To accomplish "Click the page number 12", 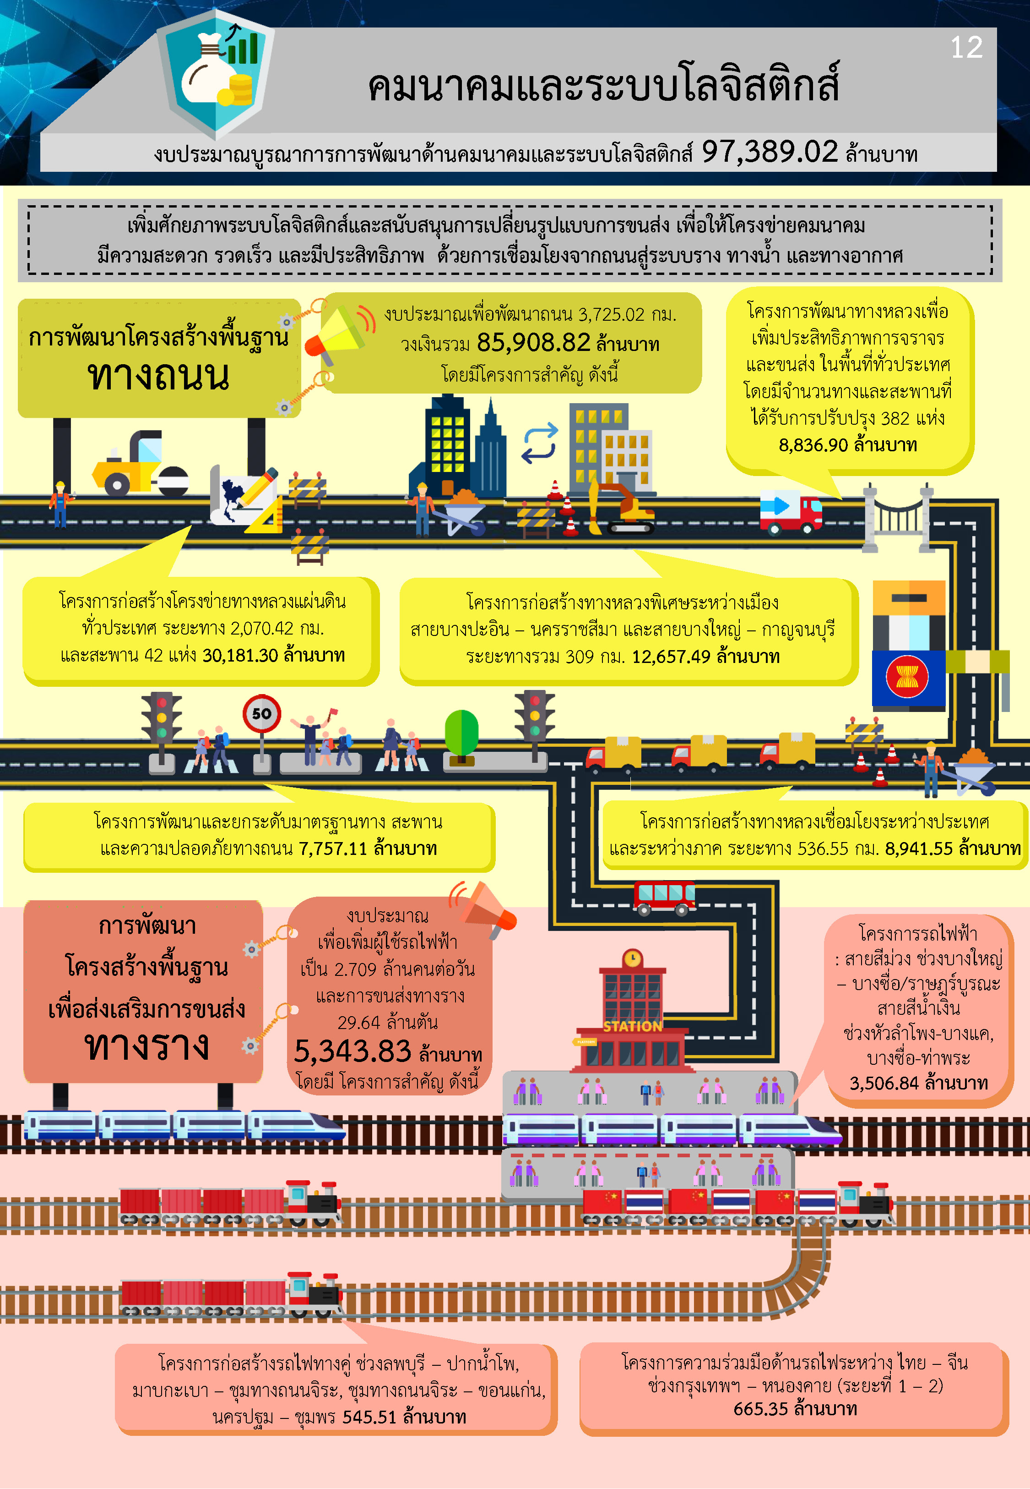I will tap(966, 48).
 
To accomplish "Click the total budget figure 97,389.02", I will tap(769, 153).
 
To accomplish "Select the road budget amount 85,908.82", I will tap(533, 343).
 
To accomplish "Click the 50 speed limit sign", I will tap(261, 713).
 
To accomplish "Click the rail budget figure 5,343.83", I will tap(352, 1051).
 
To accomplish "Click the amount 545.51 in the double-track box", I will tap(369, 1417).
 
